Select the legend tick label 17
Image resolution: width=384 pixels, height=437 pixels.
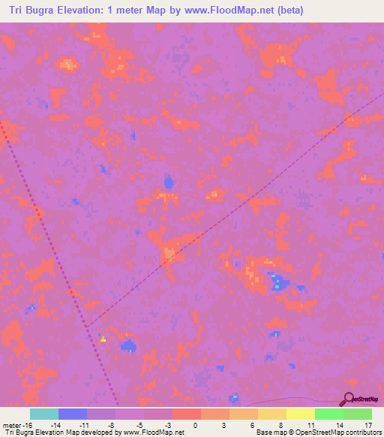pyautogui.click(x=367, y=425)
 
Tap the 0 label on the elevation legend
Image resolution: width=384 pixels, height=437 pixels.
pyautogui.click(x=195, y=425)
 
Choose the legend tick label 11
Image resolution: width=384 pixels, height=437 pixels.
pyautogui.click(x=310, y=425)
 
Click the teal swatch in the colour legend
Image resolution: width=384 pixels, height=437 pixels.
pyautogui.click(x=43, y=414)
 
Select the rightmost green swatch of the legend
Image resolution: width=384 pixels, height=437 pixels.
pyautogui.click(x=357, y=414)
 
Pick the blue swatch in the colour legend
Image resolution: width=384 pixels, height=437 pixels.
pyautogui.click(x=72, y=414)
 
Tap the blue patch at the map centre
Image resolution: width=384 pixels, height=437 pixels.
pyautogui.click(x=169, y=182)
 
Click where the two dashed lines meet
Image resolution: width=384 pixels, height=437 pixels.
pyautogui.click(x=88, y=326)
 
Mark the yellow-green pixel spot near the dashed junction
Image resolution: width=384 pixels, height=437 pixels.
pyautogui.click(x=103, y=339)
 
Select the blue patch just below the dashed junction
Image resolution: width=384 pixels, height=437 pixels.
pyautogui.click(x=129, y=346)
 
